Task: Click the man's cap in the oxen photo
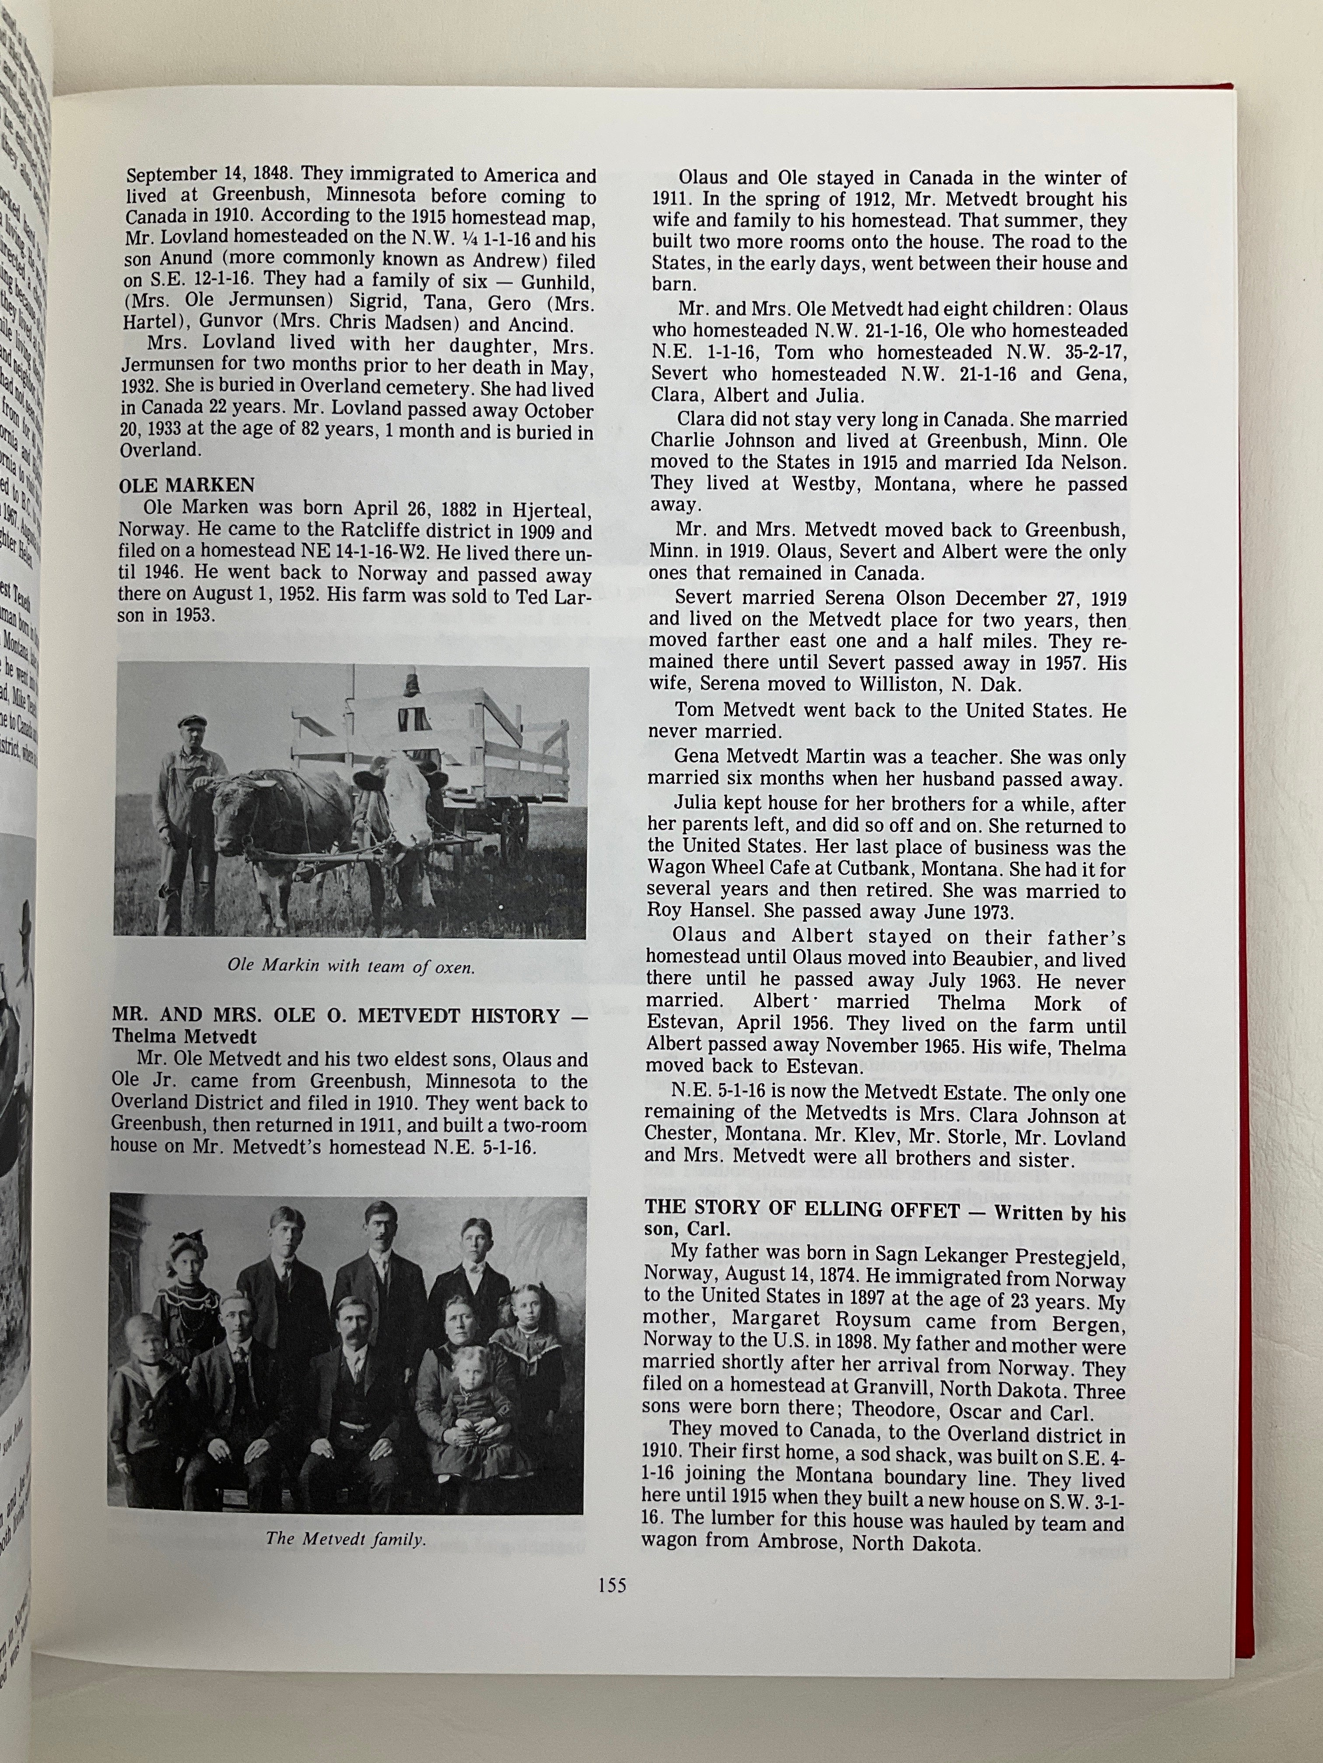click(192, 721)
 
